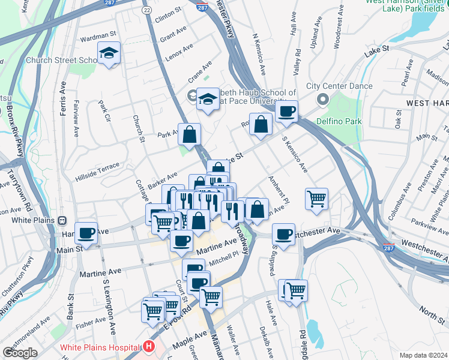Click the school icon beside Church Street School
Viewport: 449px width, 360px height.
109,54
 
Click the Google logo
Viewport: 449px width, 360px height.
19,352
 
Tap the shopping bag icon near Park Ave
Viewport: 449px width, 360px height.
189,136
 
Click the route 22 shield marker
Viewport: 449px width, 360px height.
146,10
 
